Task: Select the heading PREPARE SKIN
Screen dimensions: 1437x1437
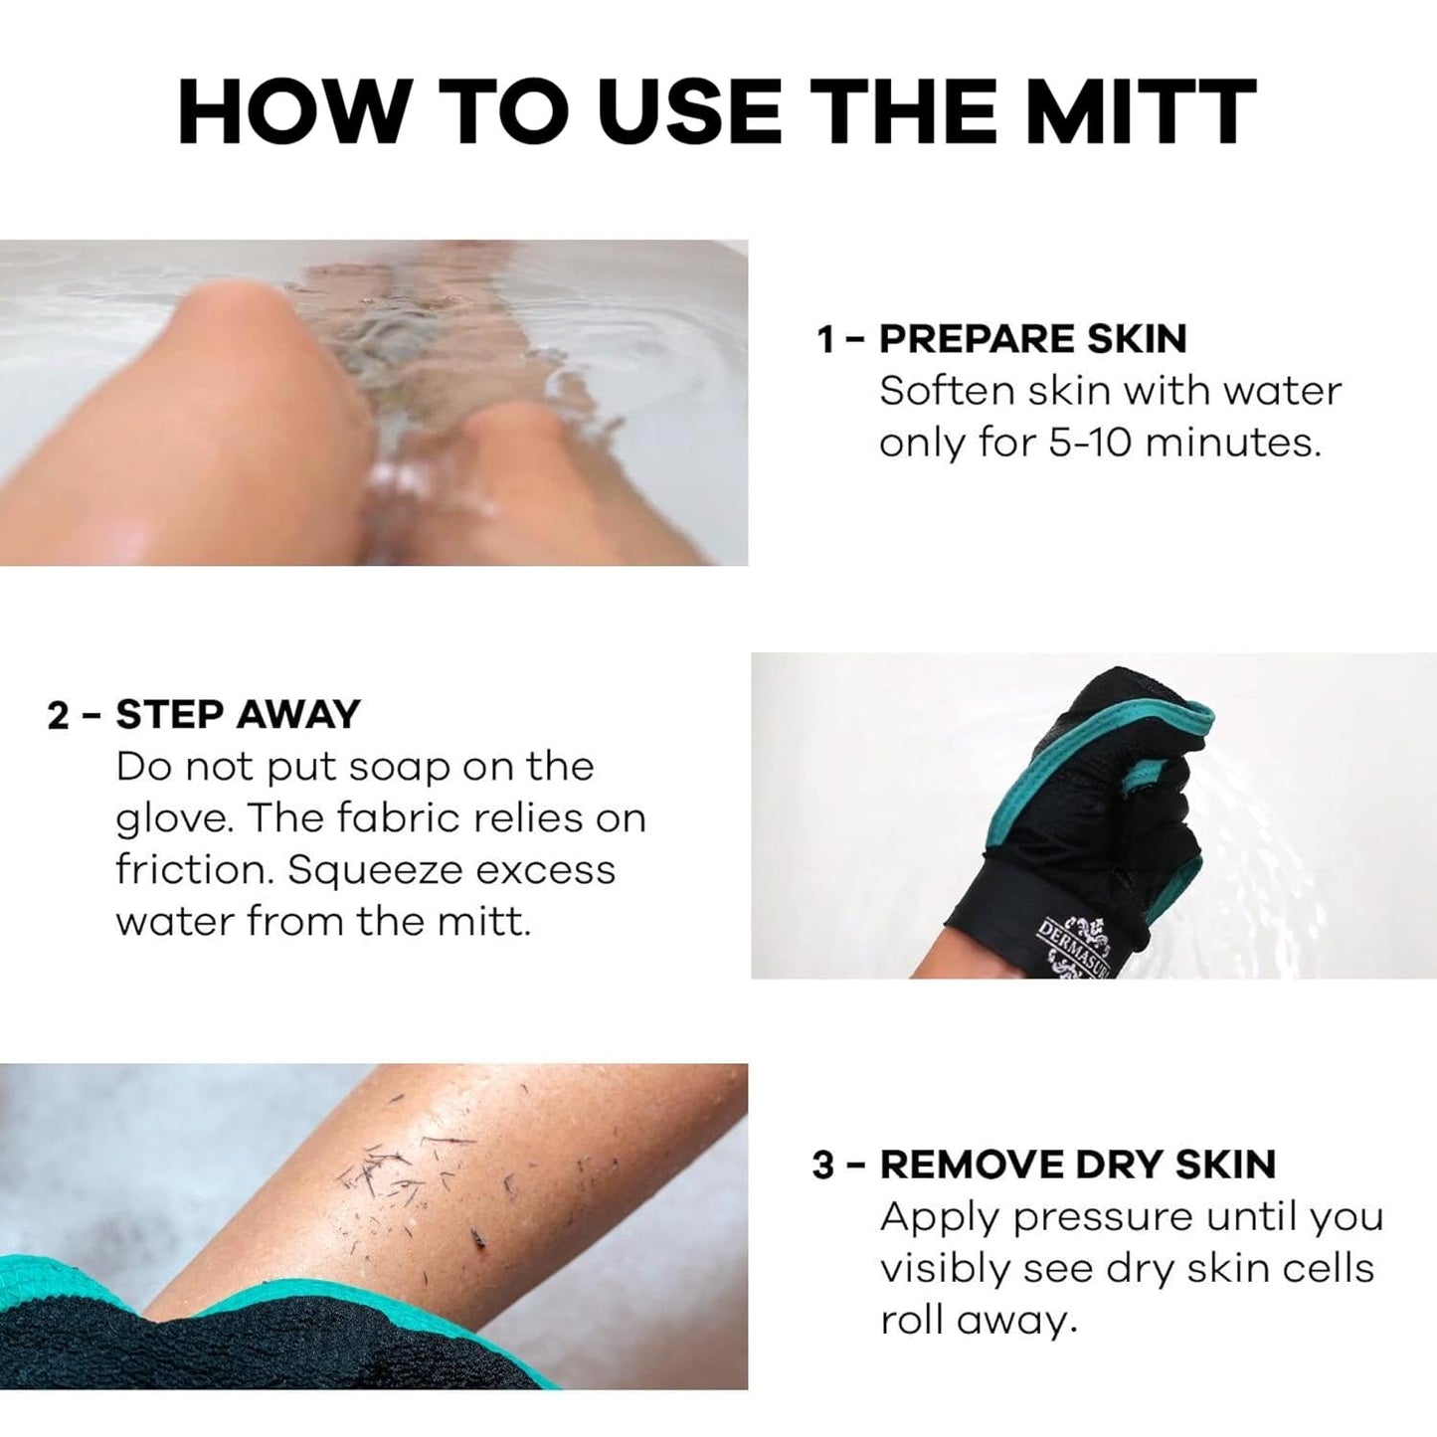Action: click(x=1032, y=339)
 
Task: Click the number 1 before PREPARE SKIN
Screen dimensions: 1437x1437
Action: click(x=824, y=340)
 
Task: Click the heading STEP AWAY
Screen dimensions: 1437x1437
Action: click(x=238, y=715)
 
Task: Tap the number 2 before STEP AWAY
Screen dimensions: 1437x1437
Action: click(x=59, y=716)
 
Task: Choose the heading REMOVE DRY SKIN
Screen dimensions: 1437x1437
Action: click(x=1077, y=1165)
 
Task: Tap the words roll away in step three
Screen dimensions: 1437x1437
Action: click(x=979, y=1321)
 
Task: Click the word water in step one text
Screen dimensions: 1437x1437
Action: click(x=1282, y=391)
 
